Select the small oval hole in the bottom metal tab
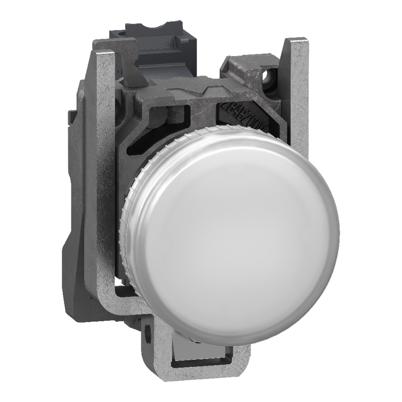[x=148, y=333]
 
